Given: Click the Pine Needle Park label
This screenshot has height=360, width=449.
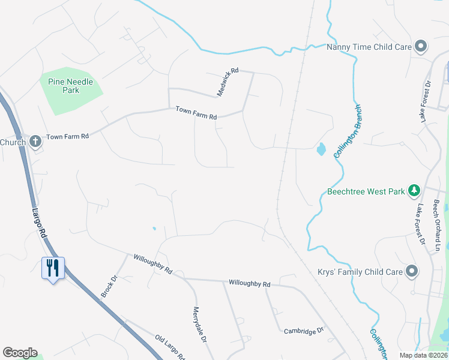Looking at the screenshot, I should (71, 86).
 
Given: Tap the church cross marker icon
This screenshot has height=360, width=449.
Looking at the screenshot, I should (35, 142).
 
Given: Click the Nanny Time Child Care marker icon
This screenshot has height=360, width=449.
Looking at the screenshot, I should (421, 46).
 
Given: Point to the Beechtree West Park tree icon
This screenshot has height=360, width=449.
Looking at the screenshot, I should (414, 191).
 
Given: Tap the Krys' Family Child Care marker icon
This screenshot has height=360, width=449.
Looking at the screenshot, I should (412, 271).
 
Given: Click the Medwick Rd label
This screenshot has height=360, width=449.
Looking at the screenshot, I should (228, 82).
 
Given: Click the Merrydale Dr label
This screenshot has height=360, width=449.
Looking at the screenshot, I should (200, 325).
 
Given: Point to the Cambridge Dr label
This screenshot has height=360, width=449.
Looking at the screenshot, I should (304, 330).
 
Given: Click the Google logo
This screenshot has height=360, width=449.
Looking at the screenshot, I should (20, 353).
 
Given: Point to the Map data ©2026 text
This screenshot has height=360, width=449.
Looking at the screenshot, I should (423, 355).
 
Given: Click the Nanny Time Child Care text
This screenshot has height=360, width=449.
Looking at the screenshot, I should (369, 47).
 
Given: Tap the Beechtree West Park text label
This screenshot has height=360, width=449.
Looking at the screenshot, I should (366, 193).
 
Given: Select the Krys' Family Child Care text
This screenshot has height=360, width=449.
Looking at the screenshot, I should (360, 272).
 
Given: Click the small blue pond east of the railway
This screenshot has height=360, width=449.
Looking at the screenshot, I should (321, 149).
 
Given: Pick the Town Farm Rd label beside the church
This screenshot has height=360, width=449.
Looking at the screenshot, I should (67, 137).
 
